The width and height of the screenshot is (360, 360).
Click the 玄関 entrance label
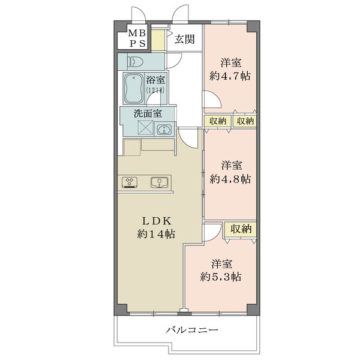pos(185,40)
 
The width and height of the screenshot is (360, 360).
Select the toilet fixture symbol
pos(134,61)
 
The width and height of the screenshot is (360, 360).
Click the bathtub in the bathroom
pos(134,89)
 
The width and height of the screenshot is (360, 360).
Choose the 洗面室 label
pos(147,112)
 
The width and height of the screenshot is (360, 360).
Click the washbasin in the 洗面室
pos(164,129)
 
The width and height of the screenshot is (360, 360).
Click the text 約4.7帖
pos(230,76)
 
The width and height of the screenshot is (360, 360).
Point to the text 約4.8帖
pos(230,178)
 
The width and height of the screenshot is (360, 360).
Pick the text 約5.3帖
pos(221,277)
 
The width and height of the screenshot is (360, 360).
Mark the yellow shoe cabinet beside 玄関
pos(157,40)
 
